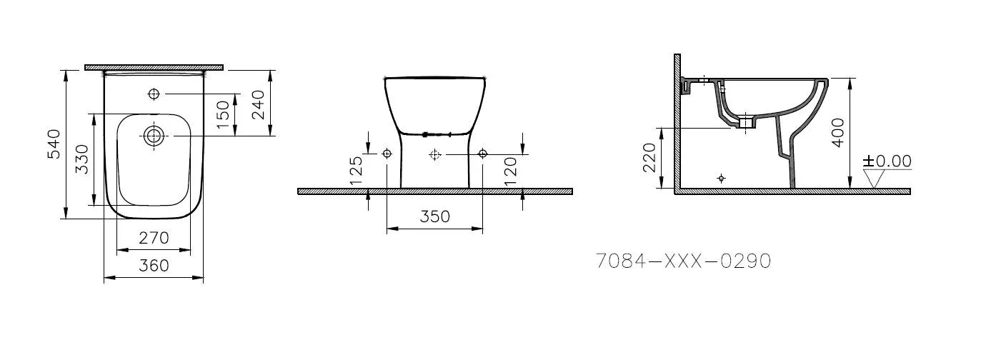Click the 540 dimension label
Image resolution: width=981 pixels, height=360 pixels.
(54, 144)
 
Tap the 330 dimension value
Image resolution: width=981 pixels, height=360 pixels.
(82, 159)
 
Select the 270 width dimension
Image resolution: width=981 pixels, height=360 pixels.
(154, 237)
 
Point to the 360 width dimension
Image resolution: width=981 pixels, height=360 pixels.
(154, 266)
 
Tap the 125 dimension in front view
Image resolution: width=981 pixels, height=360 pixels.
(357, 171)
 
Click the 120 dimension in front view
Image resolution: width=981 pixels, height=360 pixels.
(510, 171)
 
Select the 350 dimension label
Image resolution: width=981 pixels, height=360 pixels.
(434, 216)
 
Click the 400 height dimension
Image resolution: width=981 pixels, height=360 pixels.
(838, 132)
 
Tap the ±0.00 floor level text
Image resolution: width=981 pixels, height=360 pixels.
(887, 161)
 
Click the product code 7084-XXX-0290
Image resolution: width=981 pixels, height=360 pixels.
(683, 261)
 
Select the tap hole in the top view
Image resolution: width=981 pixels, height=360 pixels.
(154, 94)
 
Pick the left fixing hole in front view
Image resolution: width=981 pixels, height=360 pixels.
(387, 154)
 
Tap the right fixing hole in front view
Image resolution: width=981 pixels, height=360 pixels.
(482, 154)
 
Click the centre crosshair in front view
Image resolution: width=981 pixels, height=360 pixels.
(434, 154)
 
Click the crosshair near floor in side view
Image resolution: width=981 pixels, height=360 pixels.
(721, 178)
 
